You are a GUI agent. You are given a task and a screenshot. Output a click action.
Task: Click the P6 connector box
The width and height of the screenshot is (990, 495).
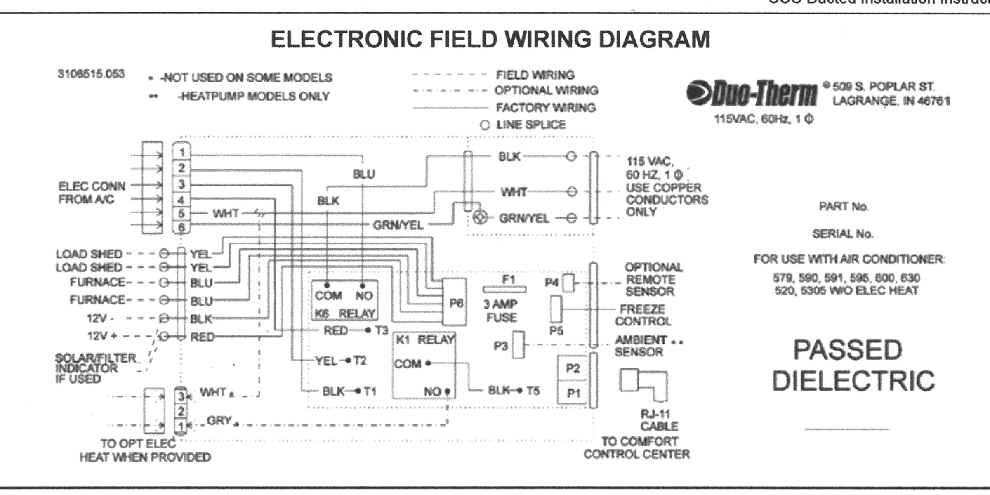click(455, 302)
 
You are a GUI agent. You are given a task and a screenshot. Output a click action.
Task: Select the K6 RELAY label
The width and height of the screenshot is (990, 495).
click(344, 313)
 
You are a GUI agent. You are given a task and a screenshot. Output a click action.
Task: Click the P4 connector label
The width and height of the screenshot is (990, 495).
click(552, 283)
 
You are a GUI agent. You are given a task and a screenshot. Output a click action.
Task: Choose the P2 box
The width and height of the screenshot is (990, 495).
click(573, 368)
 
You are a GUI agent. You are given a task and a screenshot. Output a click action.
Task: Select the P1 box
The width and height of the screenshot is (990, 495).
click(573, 393)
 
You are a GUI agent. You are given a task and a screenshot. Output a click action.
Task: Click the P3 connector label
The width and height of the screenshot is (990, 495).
click(501, 346)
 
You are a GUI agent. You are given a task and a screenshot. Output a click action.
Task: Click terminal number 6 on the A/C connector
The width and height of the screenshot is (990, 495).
click(182, 227)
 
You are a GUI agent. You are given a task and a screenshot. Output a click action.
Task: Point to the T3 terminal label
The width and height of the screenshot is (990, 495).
click(382, 330)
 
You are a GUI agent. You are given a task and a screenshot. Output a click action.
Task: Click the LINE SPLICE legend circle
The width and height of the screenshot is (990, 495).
click(485, 125)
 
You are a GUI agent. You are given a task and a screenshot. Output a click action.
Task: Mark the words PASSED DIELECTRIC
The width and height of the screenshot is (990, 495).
click(853, 365)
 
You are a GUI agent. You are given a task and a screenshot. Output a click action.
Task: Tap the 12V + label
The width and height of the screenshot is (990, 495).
click(102, 336)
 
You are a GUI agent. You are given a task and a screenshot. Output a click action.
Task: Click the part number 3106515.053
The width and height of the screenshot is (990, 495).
click(91, 74)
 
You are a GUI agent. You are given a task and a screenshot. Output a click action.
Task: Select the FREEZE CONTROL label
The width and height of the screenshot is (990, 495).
click(643, 315)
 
